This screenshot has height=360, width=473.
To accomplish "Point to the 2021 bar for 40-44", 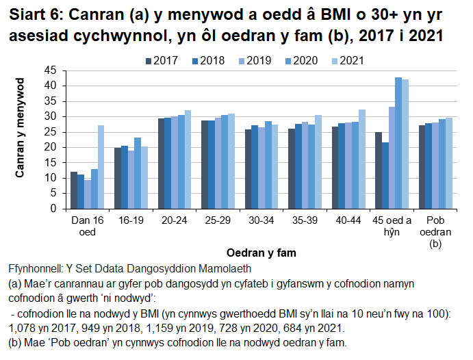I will pyautogui.click(x=362, y=159).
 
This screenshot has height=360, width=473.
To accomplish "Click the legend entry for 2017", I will pyautogui.click(x=162, y=61).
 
